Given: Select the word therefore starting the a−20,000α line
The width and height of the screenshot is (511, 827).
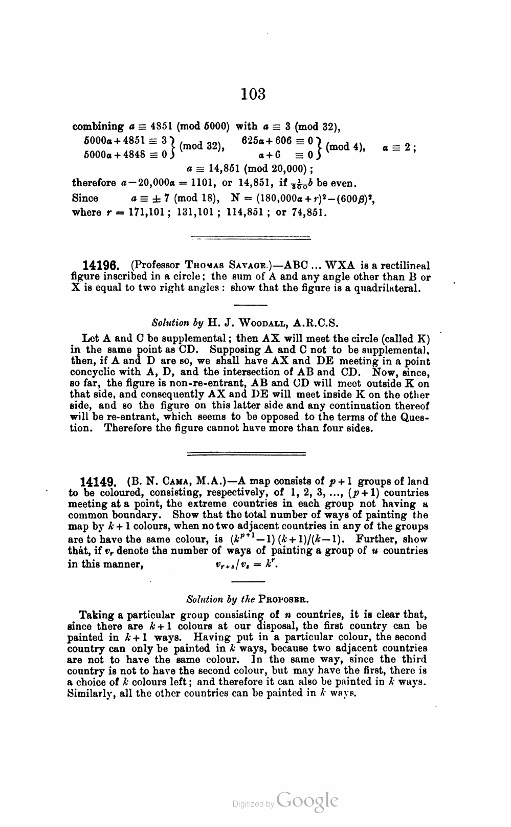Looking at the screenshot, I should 94,183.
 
